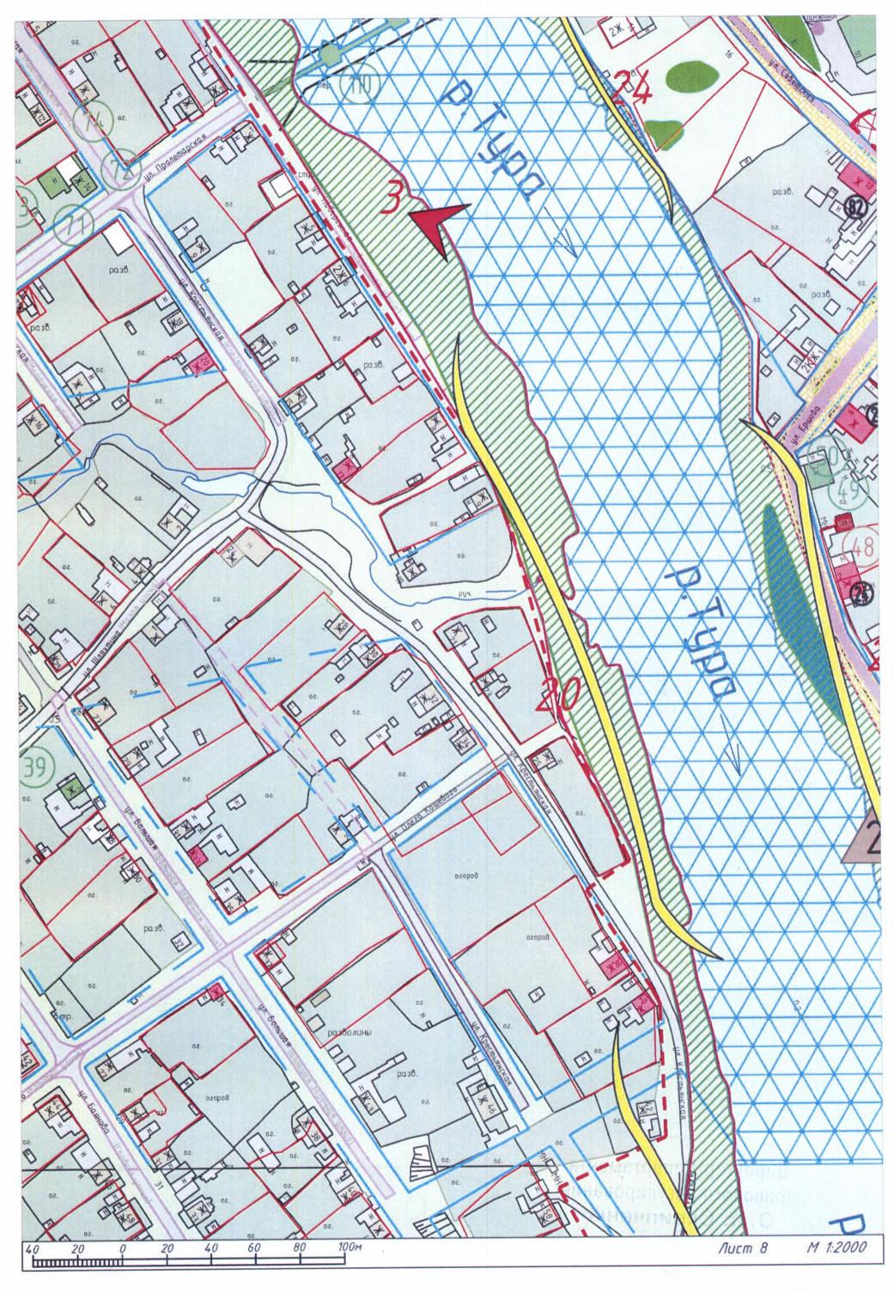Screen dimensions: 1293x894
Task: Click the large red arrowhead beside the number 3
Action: pos(439,225)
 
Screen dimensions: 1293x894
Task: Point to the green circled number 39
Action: pos(34,767)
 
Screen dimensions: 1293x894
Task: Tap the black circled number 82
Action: pos(854,206)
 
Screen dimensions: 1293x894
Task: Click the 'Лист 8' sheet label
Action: pos(743,1247)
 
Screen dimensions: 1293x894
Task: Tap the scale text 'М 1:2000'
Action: pos(836,1247)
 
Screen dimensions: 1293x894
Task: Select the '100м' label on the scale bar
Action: pos(349,1247)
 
